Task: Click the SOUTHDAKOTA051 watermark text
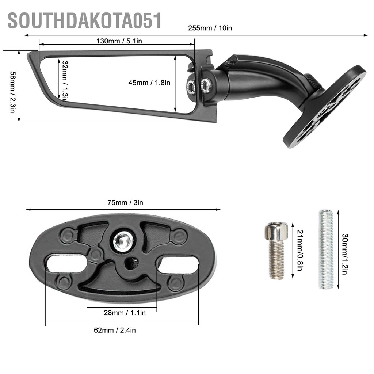[84, 21]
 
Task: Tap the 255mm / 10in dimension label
[210, 28]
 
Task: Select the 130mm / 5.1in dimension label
[119, 41]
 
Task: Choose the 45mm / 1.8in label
[149, 83]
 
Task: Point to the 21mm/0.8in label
[299, 251]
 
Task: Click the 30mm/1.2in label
[344, 249]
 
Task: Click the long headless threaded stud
[326, 249]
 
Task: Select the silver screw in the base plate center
[123, 241]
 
